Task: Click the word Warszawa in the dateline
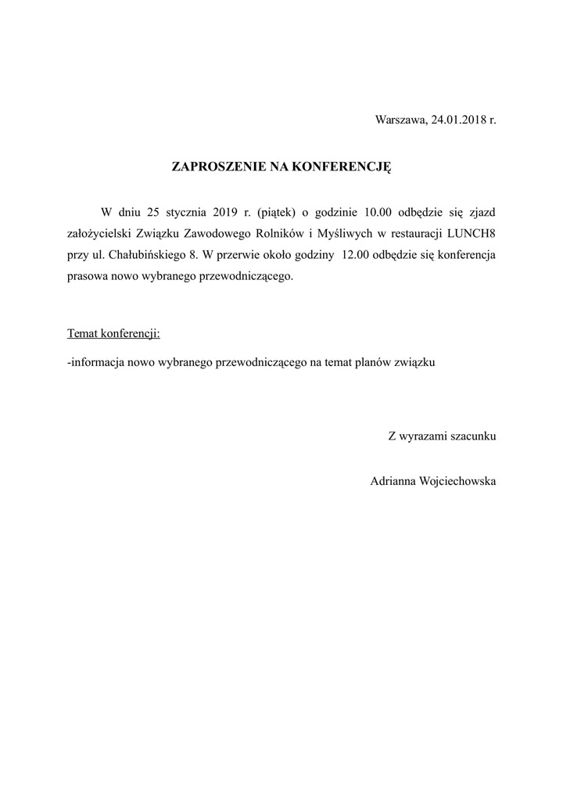(x=400, y=120)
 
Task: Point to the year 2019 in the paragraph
(x=225, y=211)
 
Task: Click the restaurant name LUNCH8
(x=471, y=233)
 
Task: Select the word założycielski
(x=99, y=233)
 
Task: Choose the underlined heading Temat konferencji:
(x=114, y=333)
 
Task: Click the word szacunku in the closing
(x=472, y=436)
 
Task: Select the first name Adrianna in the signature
(x=394, y=481)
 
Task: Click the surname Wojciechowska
(x=459, y=481)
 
